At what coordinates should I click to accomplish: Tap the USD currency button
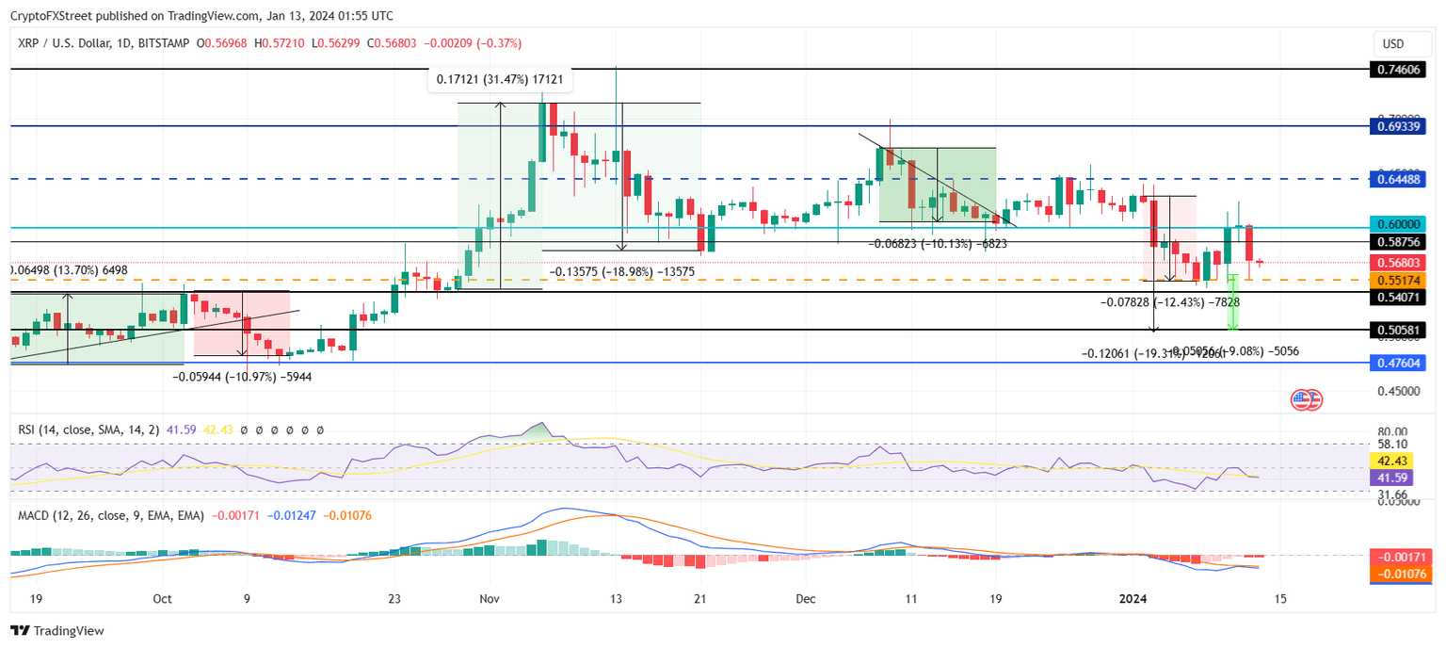coord(1393,43)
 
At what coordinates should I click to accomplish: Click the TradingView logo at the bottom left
coord(57,631)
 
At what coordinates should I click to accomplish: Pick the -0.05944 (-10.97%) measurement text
coord(242,376)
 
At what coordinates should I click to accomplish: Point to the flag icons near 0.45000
coord(1307,399)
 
